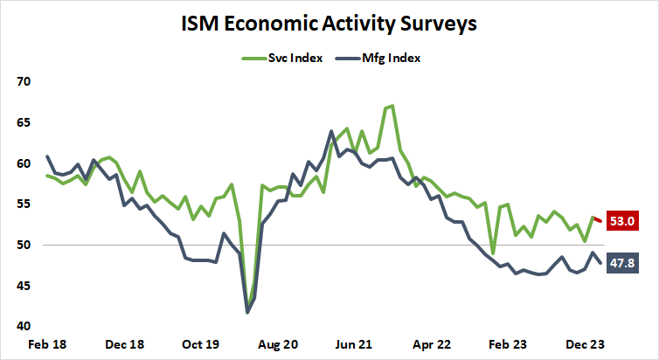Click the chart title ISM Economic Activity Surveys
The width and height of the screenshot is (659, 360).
[329, 24]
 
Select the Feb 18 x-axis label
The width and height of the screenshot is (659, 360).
[47, 345]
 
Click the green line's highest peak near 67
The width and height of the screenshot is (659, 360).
[392, 106]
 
